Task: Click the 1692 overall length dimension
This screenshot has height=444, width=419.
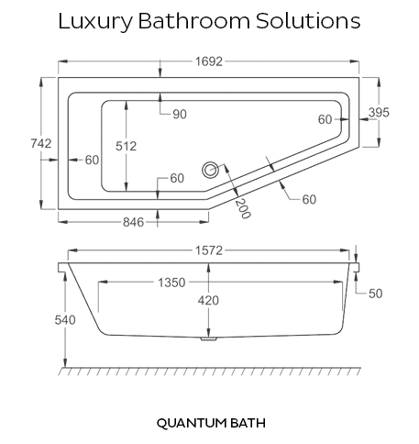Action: pyautogui.click(x=209, y=61)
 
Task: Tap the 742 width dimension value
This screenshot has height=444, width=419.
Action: pyautogui.click(x=41, y=143)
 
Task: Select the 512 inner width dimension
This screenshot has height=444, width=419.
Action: pyautogui.click(x=126, y=146)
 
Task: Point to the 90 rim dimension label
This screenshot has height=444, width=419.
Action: pyautogui.click(x=180, y=115)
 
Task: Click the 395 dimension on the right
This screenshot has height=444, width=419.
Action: pyautogui.click(x=379, y=113)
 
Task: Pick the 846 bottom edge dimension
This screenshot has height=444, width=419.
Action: pyautogui.click(x=133, y=222)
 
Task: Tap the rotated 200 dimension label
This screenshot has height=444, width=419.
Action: pyautogui.click(x=243, y=209)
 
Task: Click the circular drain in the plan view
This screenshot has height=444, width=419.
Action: pyautogui.click(x=210, y=170)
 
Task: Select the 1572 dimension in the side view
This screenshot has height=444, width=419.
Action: pyautogui.click(x=209, y=250)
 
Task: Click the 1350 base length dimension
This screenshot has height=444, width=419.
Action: pyautogui.click(x=171, y=283)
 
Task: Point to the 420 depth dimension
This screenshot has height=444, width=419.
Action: pyautogui.click(x=208, y=301)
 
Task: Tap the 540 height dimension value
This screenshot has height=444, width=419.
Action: pyautogui.click(x=65, y=320)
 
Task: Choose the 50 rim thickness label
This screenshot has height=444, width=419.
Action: pyautogui.click(x=376, y=294)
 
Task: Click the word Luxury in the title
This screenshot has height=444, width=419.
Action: pyautogui.click(x=95, y=21)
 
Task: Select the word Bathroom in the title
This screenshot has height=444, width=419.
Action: pyautogui.click(x=194, y=21)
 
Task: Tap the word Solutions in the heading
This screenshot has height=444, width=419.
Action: pyautogui.click(x=308, y=21)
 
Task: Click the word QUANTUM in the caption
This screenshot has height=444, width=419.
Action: pyautogui.click(x=192, y=424)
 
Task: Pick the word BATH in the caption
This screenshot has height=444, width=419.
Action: pyautogui.click(x=248, y=423)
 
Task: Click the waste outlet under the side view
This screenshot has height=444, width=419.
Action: pyautogui.click(x=209, y=339)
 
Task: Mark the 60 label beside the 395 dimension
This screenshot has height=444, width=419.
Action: pyautogui.click(x=325, y=119)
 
